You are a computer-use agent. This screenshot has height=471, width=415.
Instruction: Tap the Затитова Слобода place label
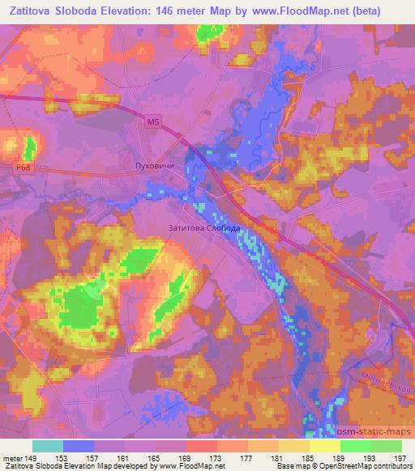[203, 228]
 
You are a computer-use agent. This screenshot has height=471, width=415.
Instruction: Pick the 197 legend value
[400, 458]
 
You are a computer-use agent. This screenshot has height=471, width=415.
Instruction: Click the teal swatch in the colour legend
[48, 446]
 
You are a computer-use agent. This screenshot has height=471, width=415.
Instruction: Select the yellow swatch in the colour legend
[325, 446]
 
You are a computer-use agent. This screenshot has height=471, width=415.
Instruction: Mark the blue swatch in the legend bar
[79, 446]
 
